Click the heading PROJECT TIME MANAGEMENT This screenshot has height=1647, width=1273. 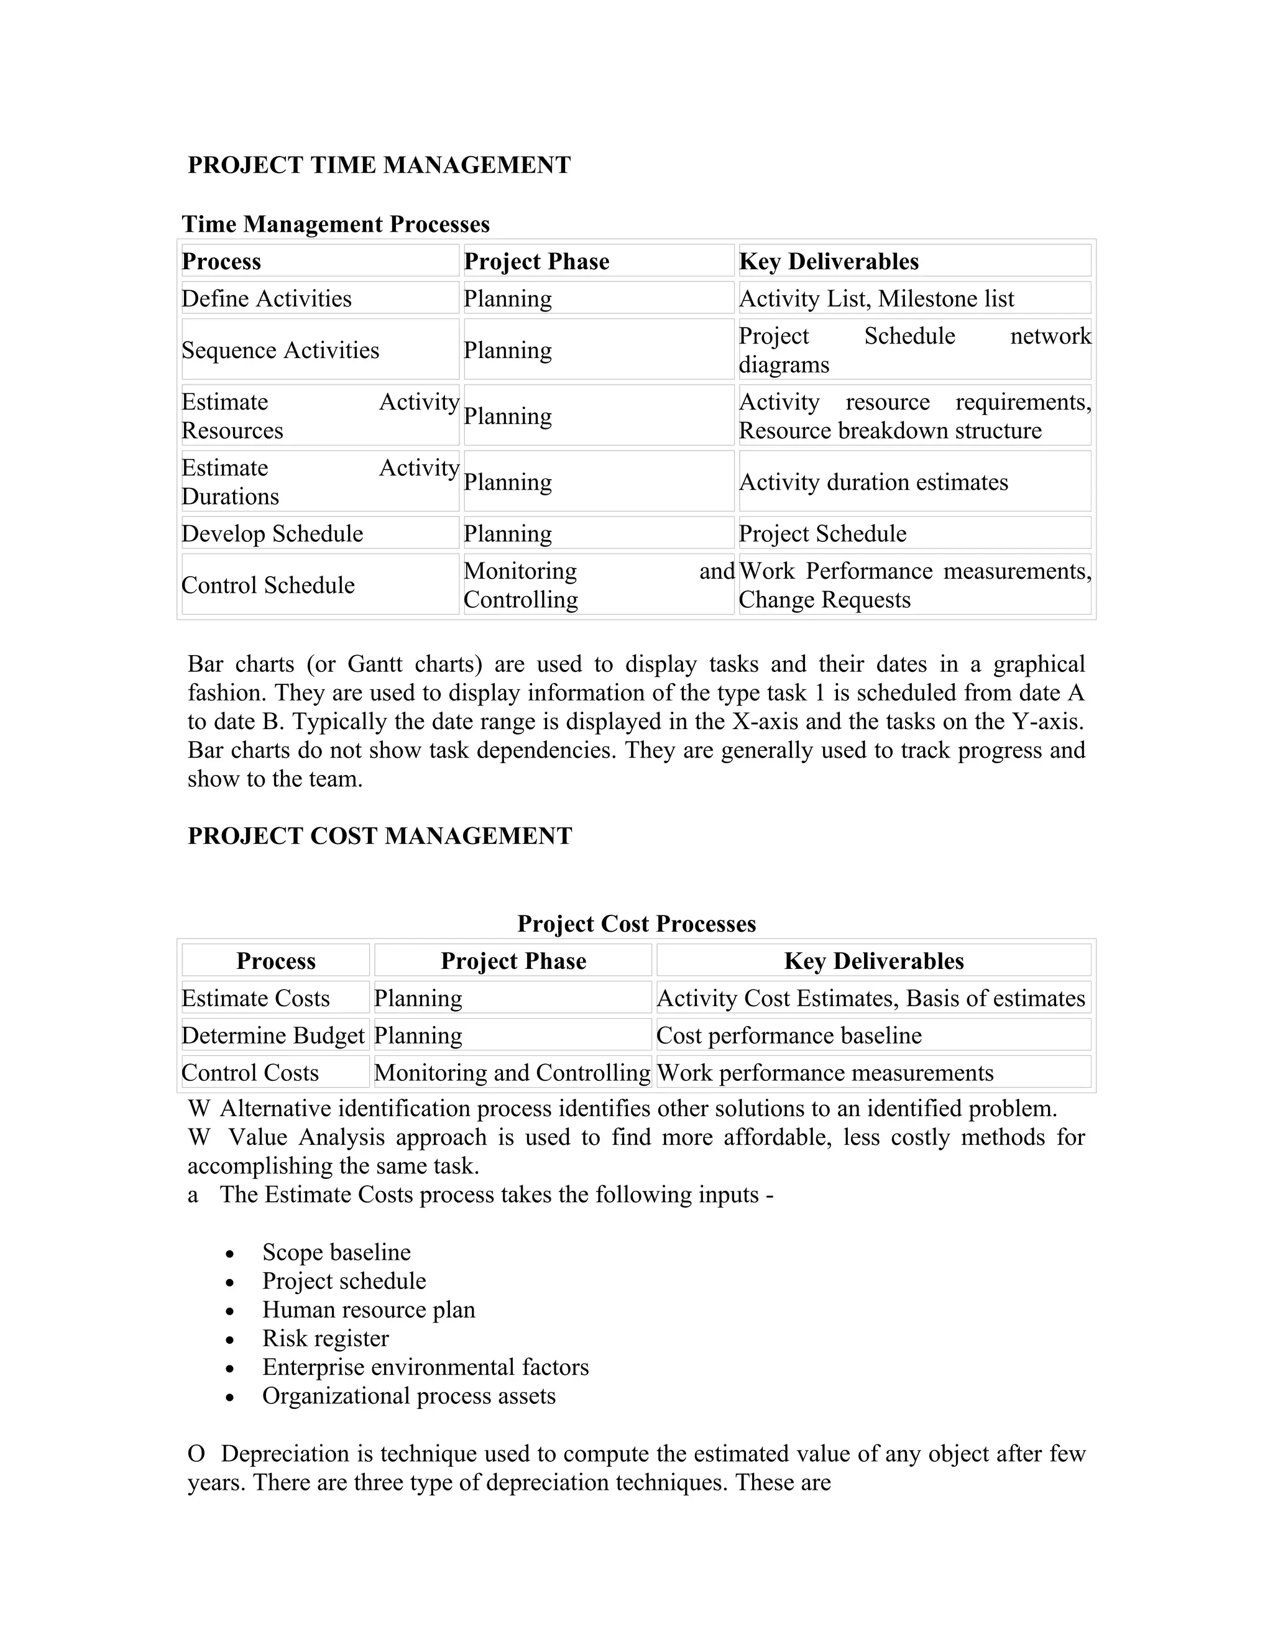379,165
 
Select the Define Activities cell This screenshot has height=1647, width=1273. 266,298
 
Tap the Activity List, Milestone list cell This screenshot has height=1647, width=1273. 876,298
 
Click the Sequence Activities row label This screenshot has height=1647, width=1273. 280,350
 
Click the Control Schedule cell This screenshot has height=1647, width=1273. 268,585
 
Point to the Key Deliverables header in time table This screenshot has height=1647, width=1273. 828,262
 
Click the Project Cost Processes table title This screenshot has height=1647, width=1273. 636,924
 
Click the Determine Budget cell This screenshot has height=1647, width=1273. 273,1035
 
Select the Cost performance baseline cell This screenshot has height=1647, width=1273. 788,1035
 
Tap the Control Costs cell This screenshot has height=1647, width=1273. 250,1072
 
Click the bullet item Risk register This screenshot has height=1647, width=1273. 325,1339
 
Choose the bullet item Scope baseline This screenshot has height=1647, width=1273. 336,1252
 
